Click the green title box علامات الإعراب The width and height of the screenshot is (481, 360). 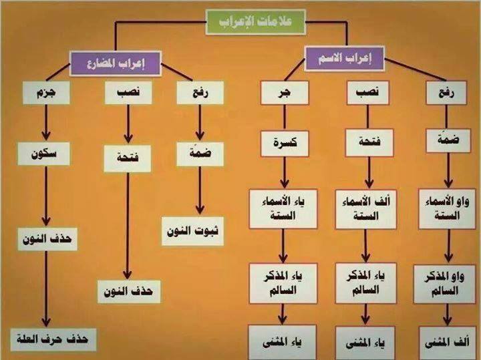[255, 22]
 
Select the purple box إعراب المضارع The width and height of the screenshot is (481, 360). [116, 63]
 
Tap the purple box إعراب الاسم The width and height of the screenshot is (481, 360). [344, 58]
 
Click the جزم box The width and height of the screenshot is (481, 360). [46, 93]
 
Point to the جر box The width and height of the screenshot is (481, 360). [285, 93]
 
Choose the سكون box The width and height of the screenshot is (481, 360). [43, 154]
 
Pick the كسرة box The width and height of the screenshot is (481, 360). [285, 143]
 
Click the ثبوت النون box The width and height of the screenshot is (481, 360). [192, 231]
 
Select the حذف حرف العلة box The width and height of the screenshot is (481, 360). [53, 340]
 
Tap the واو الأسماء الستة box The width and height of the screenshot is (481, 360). [447, 209]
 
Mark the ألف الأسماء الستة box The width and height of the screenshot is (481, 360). [365, 209]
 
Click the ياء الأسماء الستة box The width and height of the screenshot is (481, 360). [283, 209]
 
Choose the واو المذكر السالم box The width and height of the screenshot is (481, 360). [444, 285]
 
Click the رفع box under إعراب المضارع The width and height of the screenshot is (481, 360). [200, 93]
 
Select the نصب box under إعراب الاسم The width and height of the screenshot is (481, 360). [368, 93]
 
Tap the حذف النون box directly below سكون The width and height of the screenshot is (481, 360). [47, 239]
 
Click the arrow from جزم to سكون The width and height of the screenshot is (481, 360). [46, 123]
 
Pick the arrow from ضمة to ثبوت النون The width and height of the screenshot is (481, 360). [200, 190]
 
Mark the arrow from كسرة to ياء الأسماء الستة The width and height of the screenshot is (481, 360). [285, 172]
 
